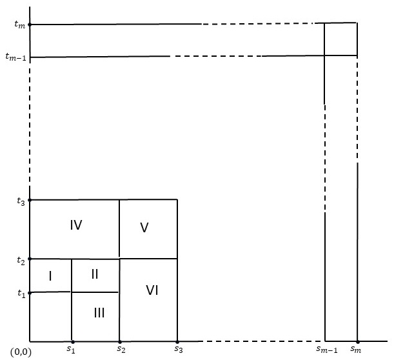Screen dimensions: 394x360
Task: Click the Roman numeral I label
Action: (50, 275)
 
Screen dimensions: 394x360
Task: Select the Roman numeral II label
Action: (94, 274)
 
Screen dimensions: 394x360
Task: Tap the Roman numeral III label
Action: (99, 313)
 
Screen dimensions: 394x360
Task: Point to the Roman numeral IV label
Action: (76, 225)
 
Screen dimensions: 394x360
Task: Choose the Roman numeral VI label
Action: (152, 290)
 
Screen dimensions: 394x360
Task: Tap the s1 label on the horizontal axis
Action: (72, 350)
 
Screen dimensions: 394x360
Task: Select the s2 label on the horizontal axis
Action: (121, 350)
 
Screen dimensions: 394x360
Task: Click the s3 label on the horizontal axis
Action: (178, 350)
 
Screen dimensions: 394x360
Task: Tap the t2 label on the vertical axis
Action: (21, 261)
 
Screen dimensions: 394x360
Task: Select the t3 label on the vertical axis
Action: (21, 201)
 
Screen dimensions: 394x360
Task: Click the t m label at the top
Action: (19, 25)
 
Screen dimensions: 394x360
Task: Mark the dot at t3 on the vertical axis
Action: (30, 200)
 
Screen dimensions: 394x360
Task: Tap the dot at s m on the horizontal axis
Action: (357, 341)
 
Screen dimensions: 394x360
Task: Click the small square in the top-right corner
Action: (340, 39)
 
